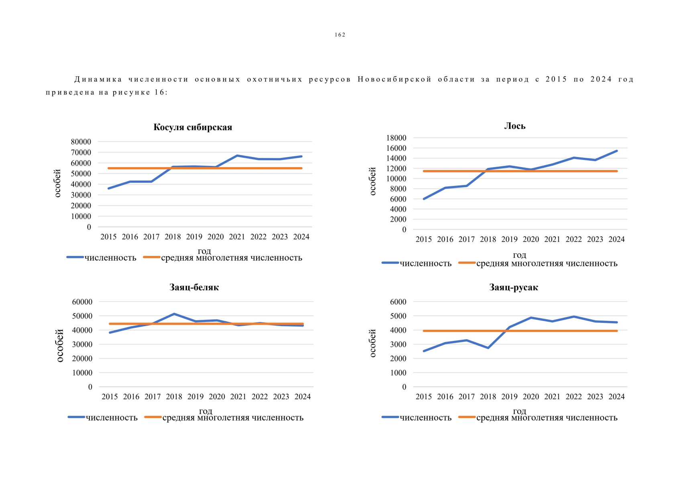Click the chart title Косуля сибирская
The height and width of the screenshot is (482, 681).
(x=193, y=127)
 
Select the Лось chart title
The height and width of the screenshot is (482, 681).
(x=514, y=126)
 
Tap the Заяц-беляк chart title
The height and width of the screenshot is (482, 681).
(x=194, y=287)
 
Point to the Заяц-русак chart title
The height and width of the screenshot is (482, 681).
(x=513, y=287)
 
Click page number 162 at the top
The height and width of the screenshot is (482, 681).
(x=340, y=35)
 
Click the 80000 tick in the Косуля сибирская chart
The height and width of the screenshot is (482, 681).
(x=81, y=142)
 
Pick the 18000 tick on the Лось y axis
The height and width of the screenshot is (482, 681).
(x=396, y=138)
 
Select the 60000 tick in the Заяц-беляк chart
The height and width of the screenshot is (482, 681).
(x=82, y=302)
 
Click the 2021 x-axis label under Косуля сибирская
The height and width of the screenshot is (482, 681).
(x=237, y=237)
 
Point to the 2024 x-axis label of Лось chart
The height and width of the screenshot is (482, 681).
(x=616, y=239)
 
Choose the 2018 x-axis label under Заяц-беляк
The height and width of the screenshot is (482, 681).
(x=174, y=397)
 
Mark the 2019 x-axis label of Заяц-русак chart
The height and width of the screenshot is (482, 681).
(x=509, y=397)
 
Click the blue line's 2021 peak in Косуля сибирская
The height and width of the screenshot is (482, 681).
(x=237, y=155)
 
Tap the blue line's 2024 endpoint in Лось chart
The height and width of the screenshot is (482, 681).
(x=617, y=151)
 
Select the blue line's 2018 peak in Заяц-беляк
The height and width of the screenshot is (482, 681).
(x=174, y=314)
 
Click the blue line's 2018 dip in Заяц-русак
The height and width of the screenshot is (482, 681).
(x=488, y=348)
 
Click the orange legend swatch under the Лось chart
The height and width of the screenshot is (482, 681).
(x=467, y=263)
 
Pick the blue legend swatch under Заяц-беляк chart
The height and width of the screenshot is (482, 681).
(x=76, y=417)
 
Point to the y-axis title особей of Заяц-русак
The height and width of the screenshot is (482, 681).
(x=372, y=343)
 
